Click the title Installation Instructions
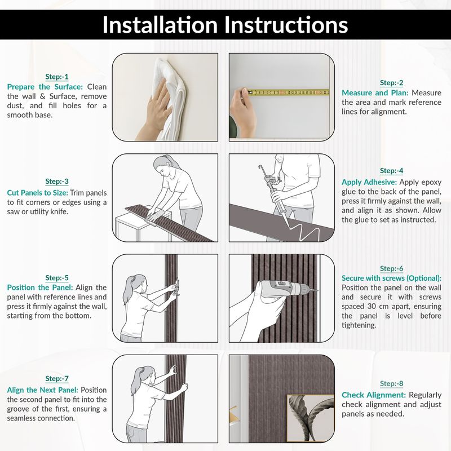(x=225, y=25)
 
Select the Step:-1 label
(x=57, y=77)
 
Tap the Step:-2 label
(x=391, y=83)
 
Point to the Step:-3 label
(x=57, y=182)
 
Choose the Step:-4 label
(x=391, y=171)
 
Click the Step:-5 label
(x=57, y=278)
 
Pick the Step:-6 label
(x=391, y=269)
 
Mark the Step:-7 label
(x=57, y=379)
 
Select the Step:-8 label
(x=391, y=384)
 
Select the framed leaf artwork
(x=311, y=418)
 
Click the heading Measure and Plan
(x=375, y=93)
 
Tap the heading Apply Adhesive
(x=369, y=182)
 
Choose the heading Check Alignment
(x=374, y=395)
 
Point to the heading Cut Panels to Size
(x=37, y=193)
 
